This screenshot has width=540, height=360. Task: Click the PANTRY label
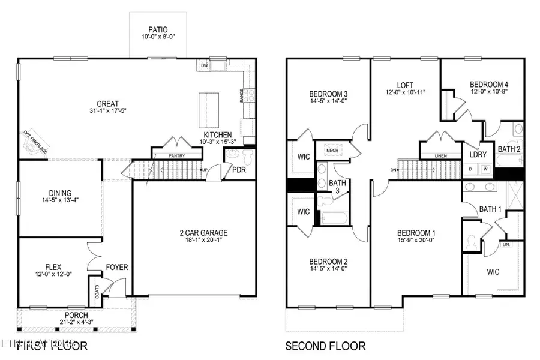(176, 156)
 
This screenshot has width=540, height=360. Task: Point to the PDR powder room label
(239, 170)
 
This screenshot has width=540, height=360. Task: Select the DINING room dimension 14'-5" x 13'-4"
(59, 200)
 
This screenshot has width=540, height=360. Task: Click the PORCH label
(77, 315)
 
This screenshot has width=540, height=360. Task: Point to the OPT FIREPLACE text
(35, 142)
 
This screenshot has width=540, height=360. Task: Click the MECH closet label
(331, 151)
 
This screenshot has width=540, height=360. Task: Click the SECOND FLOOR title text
(325, 346)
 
